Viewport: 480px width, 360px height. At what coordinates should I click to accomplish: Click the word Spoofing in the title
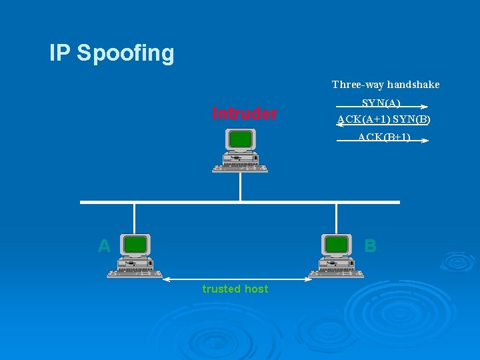coord(125,53)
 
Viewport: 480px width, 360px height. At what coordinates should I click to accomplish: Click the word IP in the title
coord(59,53)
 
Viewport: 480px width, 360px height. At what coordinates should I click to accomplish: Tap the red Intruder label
coord(244,113)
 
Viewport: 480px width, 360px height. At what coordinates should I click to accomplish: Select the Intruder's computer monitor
coord(241,139)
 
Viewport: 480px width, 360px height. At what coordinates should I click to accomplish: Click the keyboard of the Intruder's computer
coord(240,168)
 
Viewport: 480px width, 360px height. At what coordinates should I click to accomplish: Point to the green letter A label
coord(104,246)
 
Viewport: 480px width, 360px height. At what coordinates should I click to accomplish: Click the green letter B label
coord(371,246)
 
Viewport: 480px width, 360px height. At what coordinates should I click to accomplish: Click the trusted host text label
coord(235,289)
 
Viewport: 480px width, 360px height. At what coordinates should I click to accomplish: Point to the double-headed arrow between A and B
coord(237,279)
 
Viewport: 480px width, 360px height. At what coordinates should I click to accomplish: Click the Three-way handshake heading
coord(385,85)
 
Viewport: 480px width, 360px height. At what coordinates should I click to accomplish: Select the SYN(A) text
coord(381,103)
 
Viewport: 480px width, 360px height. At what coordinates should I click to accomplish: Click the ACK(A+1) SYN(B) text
coord(383,120)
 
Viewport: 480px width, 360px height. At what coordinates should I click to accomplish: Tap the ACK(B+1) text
coord(383,137)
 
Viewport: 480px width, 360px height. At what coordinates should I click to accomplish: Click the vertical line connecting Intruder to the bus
coord(240,187)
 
